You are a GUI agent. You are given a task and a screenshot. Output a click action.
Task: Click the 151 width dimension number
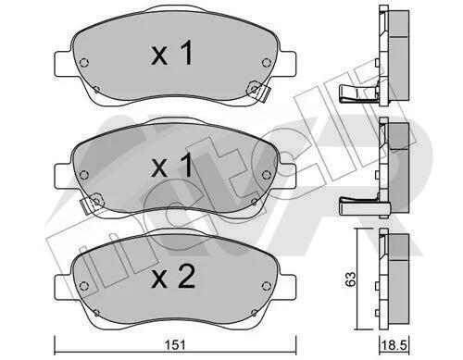tap(175, 344)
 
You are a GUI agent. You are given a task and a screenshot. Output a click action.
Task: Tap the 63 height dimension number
tap(350, 279)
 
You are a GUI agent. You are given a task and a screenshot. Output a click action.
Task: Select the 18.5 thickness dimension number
tap(394, 345)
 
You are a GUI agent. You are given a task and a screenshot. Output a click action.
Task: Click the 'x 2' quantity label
tap(173, 278)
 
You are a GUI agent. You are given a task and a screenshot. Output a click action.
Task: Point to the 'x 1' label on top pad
tap(172, 53)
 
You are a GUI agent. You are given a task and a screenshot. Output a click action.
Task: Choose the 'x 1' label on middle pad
tap(172, 165)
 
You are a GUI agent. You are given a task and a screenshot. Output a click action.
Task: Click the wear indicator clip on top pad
tap(258, 91)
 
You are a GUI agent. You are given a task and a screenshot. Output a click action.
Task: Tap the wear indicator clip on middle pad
tap(92, 203)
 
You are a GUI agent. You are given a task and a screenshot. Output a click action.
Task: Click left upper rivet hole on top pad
tap(84, 63)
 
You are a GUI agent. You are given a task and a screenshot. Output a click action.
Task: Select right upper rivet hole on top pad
tap(266, 63)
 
